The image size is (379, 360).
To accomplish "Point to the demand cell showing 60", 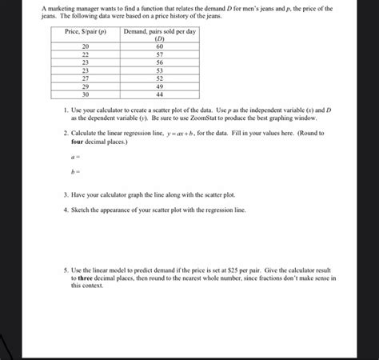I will click(160, 46).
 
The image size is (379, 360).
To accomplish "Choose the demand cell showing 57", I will click(160, 54).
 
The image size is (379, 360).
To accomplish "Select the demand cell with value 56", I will click(160, 62).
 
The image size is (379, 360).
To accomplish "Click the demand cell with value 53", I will click(160, 70).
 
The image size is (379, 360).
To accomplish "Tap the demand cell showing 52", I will click(160, 78).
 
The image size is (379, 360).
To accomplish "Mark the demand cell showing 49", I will click(160, 86).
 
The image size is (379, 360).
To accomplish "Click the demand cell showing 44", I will click(160, 94).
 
